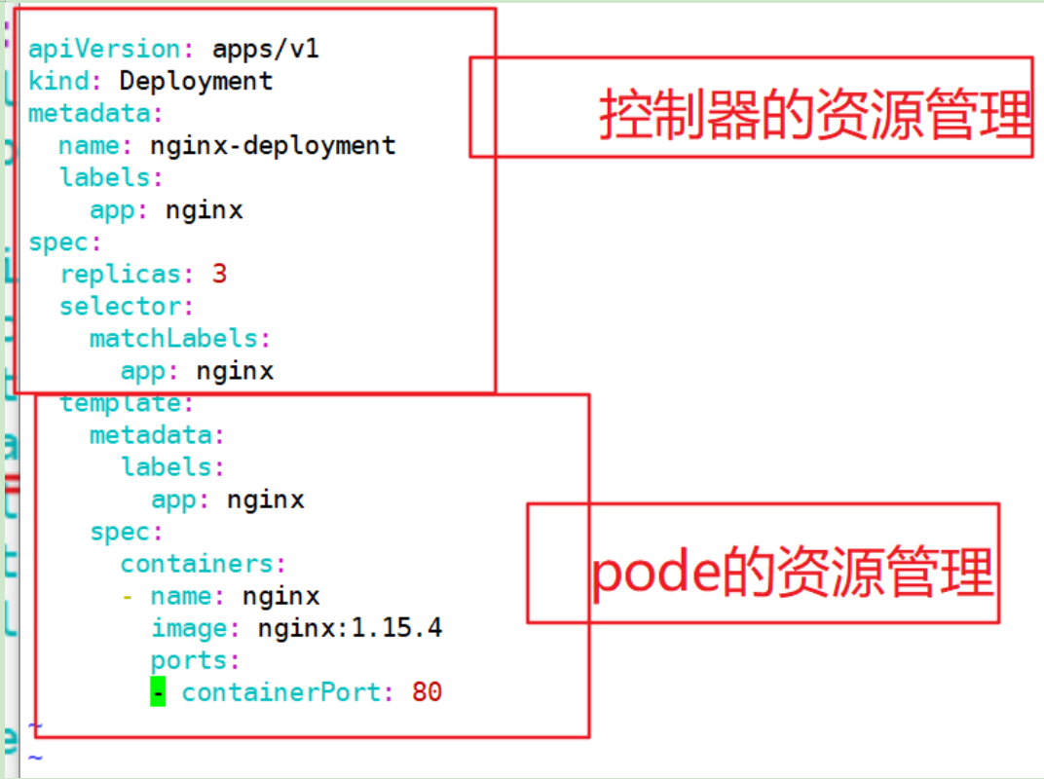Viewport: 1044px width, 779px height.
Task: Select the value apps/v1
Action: pyautogui.click(x=265, y=49)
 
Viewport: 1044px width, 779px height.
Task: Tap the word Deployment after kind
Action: pyautogui.click(x=196, y=81)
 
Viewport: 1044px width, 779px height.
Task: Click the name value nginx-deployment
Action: pyautogui.click(x=273, y=146)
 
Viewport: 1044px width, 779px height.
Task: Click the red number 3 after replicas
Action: pyautogui.click(x=219, y=275)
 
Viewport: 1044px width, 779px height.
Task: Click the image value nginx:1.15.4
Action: pyautogui.click(x=350, y=628)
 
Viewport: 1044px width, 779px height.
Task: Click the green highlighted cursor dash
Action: pyautogui.click(x=158, y=692)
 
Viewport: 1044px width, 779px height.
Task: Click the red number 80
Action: pyautogui.click(x=427, y=692)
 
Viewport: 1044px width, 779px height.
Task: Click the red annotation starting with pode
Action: pyautogui.click(x=792, y=572)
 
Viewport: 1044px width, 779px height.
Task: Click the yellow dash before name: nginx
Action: pyautogui.click(x=128, y=596)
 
